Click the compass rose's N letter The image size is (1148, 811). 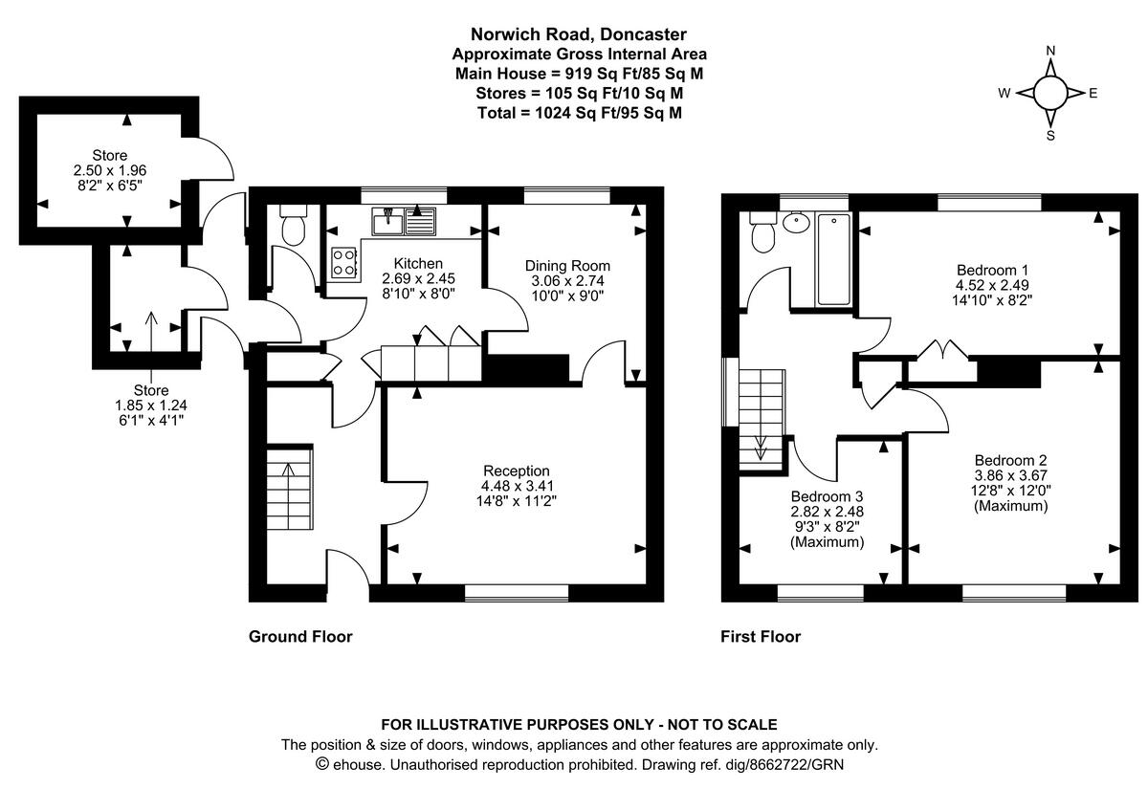click(1050, 52)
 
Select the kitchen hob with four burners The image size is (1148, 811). click(343, 262)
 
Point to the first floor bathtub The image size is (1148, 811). click(832, 259)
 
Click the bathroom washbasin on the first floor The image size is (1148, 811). click(795, 223)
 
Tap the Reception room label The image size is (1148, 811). click(516, 471)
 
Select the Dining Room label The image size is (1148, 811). click(567, 266)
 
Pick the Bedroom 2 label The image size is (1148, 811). click(1010, 459)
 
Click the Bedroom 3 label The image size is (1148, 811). click(827, 497)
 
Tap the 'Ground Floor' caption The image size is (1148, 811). click(300, 637)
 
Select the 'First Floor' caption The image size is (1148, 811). click(761, 637)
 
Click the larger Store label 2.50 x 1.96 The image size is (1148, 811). click(109, 169)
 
